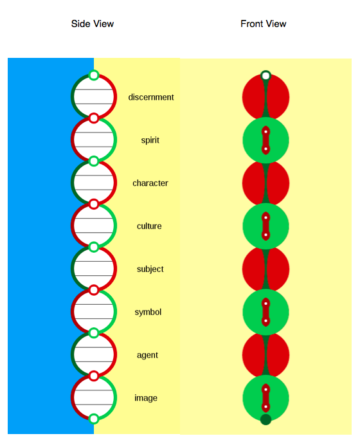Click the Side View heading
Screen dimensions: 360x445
coord(93,24)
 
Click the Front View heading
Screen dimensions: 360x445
coord(264,24)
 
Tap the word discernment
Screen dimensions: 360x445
coord(151,97)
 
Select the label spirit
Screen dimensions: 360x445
coord(150,140)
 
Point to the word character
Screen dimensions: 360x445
coord(150,183)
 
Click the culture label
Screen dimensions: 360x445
coord(149,226)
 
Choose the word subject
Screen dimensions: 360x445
coord(150,269)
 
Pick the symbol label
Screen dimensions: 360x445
coord(148,312)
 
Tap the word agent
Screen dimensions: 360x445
coord(147,356)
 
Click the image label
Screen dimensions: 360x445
coord(146,398)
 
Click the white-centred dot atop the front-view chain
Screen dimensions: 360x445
coord(265,76)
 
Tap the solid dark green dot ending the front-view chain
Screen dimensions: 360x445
coord(265,419)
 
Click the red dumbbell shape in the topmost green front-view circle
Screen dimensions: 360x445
coord(265,140)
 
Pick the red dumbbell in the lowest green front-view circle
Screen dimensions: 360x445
coord(265,398)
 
